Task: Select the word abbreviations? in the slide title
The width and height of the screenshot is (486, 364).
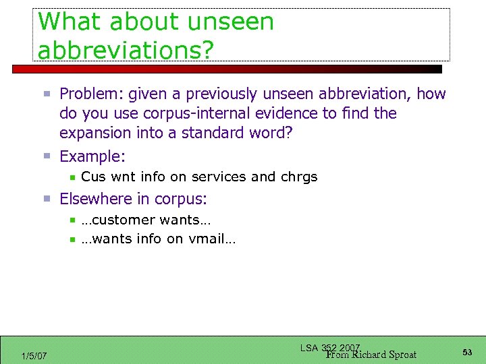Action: pos(124,49)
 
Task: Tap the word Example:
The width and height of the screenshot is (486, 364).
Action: pos(92,156)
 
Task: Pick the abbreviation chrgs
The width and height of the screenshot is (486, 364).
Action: pos(299,177)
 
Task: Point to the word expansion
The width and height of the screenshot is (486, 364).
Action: pos(97,133)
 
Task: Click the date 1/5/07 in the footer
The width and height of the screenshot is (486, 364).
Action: pos(34,356)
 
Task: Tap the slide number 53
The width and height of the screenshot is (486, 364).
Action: pos(467,353)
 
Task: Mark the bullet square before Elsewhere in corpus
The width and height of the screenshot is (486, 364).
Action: pos(47,200)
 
